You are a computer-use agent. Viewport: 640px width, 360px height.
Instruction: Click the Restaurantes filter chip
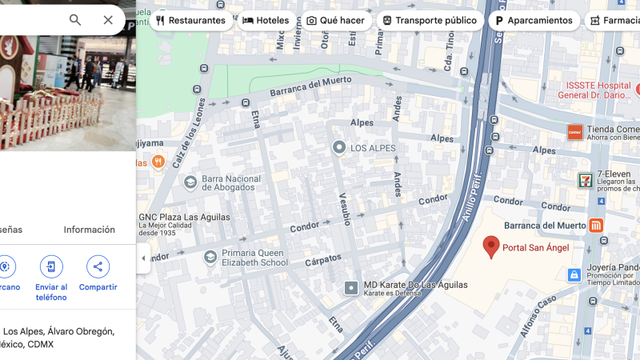coord(191,20)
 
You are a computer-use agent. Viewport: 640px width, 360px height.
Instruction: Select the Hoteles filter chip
coord(266,20)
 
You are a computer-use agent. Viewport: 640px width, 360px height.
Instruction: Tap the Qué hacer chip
coord(335,20)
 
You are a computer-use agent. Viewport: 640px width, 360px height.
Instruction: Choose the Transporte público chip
coord(430,20)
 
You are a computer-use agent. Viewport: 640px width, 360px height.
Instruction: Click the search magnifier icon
coord(75,20)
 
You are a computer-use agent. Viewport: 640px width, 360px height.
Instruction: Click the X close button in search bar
coord(108,20)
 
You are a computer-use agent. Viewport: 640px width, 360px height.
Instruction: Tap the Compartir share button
coord(98,267)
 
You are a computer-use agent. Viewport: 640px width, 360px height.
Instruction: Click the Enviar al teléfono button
coord(51,267)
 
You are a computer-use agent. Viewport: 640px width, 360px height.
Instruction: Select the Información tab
coord(89,230)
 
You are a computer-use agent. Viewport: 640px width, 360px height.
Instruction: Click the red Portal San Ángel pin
coord(492,246)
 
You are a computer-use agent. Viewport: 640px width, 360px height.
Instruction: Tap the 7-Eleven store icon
coord(586,180)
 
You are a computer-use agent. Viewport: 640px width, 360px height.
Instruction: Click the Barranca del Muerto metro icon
coord(596,226)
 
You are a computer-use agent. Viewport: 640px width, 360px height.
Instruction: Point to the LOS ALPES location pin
coord(339,148)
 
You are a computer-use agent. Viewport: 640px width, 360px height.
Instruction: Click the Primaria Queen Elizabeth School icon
coord(210,257)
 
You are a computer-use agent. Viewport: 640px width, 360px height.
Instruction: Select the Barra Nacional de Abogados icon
coord(190,183)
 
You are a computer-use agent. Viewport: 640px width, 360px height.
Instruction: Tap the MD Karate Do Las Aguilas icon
coord(351,287)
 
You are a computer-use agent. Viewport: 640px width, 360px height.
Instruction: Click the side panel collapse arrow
coord(143,258)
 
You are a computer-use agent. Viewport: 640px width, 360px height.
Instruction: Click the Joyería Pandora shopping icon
coord(574,274)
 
